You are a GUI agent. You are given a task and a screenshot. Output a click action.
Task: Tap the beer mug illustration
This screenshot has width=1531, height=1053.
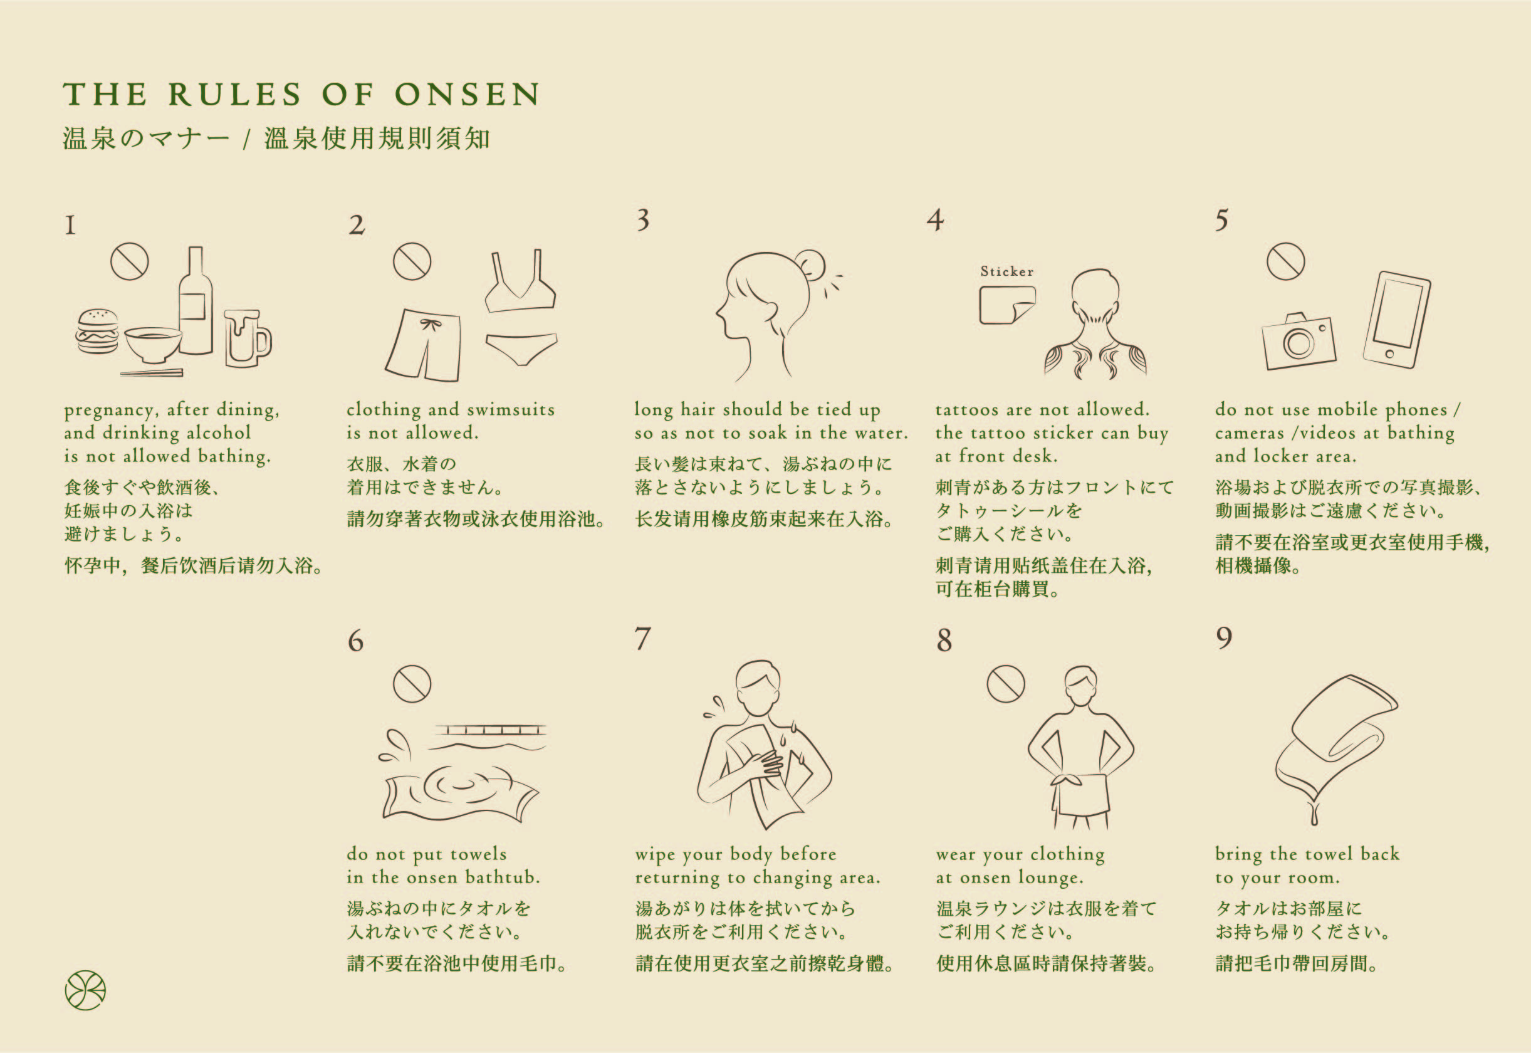pos(247,338)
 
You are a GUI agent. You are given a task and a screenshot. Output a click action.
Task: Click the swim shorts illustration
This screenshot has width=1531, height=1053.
pos(423,344)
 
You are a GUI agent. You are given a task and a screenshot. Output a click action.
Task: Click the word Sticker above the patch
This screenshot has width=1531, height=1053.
pos(1006,271)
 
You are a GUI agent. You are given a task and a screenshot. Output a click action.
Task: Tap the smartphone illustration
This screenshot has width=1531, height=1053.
pos(1396,320)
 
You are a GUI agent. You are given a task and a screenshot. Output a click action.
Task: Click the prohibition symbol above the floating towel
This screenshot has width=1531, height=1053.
pos(412,684)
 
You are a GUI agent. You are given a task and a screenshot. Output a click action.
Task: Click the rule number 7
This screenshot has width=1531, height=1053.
pos(642,639)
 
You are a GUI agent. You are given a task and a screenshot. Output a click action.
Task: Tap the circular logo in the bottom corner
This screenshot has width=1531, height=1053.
pos(85,990)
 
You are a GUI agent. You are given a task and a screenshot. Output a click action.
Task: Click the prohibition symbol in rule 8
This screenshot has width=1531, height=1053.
pos(1005,684)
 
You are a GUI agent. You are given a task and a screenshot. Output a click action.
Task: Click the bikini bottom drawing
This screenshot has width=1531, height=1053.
pos(521,348)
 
